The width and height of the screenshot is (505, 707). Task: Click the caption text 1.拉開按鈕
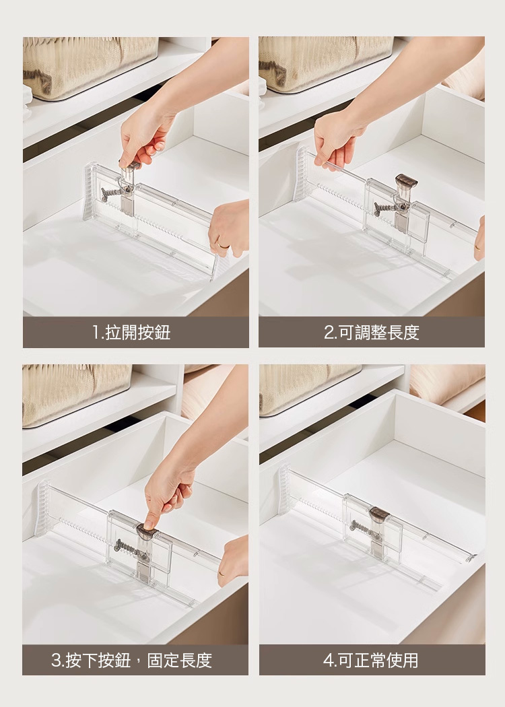click(132, 333)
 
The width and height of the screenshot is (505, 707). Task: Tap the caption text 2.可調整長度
click(372, 333)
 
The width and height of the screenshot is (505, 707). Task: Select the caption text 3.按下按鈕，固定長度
click(132, 660)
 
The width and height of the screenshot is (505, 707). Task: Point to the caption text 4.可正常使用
click(371, 660)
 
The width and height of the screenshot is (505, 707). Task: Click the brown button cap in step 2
click(406, 182)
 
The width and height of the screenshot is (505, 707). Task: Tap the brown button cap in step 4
click(380, 514)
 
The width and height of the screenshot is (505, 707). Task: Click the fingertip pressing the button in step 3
click(149, 525)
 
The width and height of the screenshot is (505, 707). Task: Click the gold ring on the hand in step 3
click(221, 574)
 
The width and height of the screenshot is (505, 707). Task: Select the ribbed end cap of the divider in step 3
click(42, 508)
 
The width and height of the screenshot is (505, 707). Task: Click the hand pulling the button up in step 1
click(143, 135)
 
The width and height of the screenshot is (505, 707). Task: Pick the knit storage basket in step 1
click(90, 67)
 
